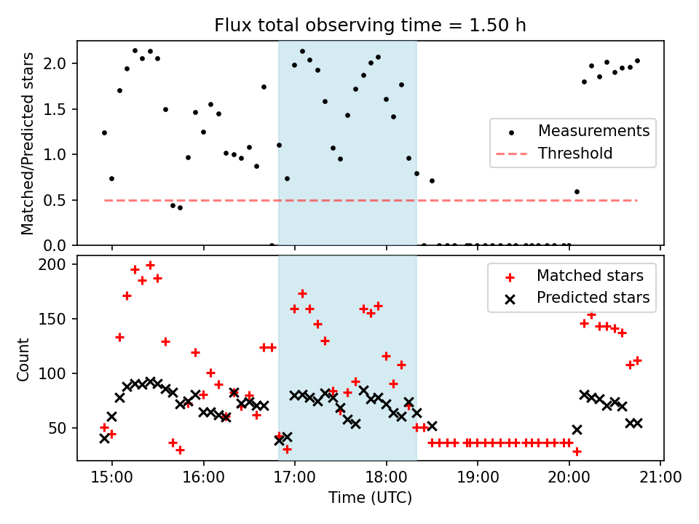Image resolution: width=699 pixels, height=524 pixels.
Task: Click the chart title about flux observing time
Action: coord(370,25)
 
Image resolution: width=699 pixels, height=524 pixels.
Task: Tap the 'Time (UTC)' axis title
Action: coord(370,499)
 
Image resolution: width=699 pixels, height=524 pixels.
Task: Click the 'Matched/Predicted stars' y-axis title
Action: coord(28,143)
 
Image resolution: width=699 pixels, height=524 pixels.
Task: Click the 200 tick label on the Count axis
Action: coord(60,264)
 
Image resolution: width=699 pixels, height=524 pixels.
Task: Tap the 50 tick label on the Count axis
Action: coord(63,428)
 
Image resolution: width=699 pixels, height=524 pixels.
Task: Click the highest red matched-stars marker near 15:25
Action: coord(150,265)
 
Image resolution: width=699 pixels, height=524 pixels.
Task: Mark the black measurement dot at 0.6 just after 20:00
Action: coord(577,192)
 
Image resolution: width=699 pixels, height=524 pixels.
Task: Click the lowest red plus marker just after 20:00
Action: coord(577,451)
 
